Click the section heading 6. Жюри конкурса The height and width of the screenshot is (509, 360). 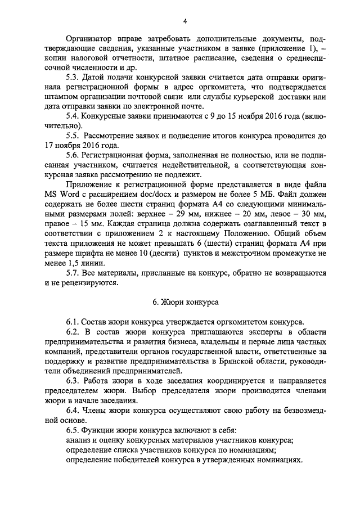point(185,302)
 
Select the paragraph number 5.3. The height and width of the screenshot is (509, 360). point(73,76)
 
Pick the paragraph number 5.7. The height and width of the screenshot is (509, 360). point(73,273)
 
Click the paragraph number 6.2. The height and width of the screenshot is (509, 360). point(73,332)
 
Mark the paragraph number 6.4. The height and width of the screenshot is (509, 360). point(73,410)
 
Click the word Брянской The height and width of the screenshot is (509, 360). point(236,361)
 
